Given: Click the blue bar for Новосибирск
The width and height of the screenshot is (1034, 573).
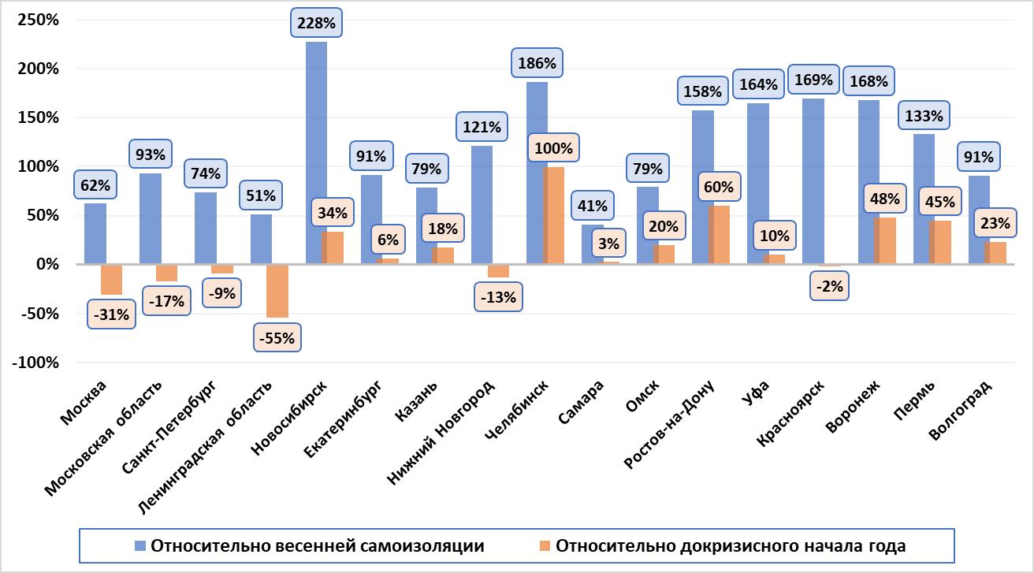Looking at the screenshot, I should pyautogui.click(x=316, y=153).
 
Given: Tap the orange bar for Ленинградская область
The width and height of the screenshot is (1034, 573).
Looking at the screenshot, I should pyautogui.click(x=277, y=291).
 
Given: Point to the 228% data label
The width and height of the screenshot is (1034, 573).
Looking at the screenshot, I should pyautogui.click(x=317, y=23).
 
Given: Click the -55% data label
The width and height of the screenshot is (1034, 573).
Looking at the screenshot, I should pyautogui.click(x=277, y=338).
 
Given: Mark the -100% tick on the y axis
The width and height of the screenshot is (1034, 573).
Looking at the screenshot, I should pyautogui.click(x=35, y=363).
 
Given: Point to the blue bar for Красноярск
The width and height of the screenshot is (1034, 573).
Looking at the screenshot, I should pyautogui.click(x=813, y=181).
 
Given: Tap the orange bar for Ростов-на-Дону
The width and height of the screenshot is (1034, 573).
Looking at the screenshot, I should pyautogui.click(x=720, y=235).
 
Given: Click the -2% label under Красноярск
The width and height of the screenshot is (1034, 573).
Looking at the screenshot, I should pyautogui.click(x=830, y=287).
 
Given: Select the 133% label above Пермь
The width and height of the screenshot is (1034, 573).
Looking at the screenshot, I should pyautogui.click(x=923, y=117).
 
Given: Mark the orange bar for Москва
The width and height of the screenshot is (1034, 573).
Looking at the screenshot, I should pyautogui.click(x=112, y=280).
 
